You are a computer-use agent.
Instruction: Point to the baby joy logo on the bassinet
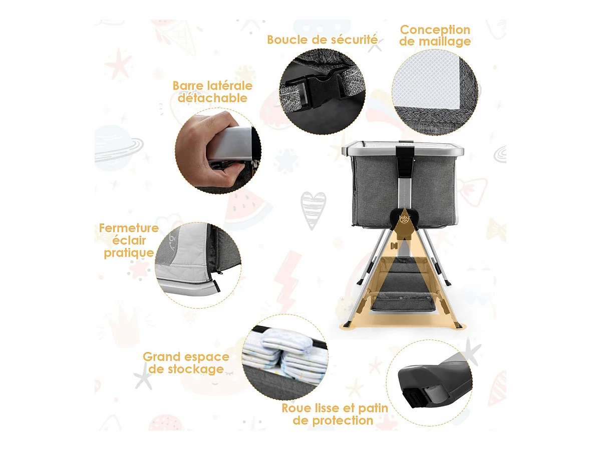click(404, 219)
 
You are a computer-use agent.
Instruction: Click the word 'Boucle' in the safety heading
click(288, 40)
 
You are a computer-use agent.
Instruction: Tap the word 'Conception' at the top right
click(435, 30)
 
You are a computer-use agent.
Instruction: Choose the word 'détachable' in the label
click(212, 98)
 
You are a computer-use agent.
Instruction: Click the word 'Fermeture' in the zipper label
click(129, 228)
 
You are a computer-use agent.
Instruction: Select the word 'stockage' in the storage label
click(196, 369)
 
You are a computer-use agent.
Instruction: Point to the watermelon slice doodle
click(246, 208)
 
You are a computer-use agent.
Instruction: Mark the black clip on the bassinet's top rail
click(404, 160)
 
